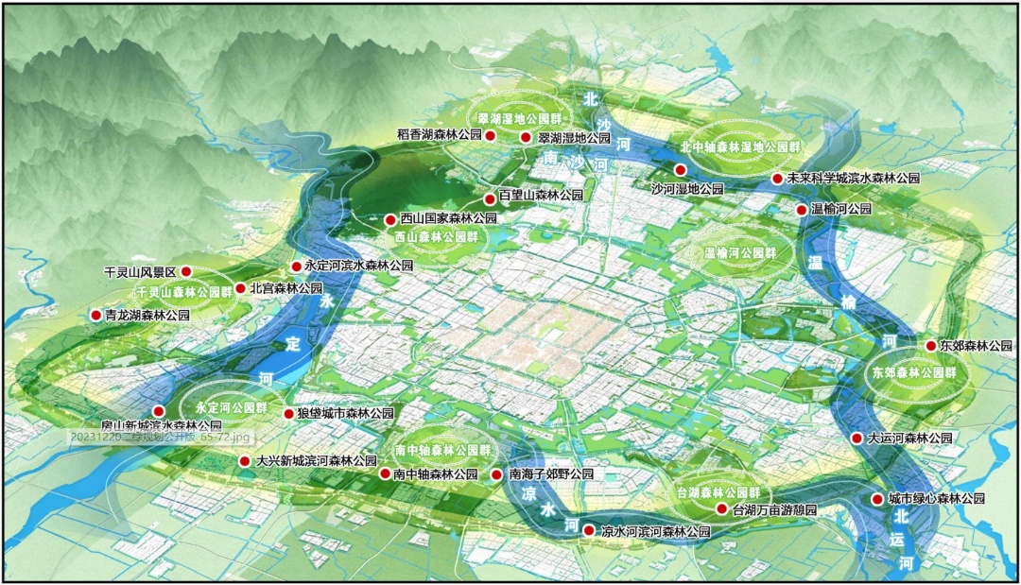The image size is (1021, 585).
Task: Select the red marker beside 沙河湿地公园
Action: pos(680,169)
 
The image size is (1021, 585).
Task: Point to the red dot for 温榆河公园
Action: pos(802,210)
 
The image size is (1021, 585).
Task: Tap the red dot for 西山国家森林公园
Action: pos(389,219)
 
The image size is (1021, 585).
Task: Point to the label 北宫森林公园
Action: pos(286,288)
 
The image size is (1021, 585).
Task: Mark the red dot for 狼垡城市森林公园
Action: pos(289,414)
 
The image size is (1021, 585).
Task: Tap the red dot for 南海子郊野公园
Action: pos(497,474)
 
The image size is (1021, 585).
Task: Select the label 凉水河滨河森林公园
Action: pos(655,532)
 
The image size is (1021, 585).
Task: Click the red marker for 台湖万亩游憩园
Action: pos(722,508)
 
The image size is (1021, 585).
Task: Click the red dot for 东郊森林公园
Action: pos(930,346)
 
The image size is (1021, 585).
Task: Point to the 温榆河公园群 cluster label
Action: pos(739,253)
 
